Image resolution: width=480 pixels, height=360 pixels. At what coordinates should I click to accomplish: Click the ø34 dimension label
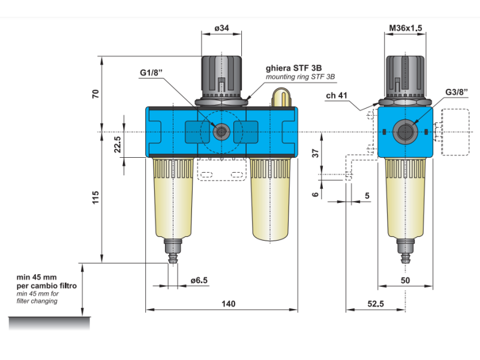pyautogui.click(x=222, y=28)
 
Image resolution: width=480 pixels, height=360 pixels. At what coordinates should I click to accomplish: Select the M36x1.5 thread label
pyautogui.click(x=406, y=28)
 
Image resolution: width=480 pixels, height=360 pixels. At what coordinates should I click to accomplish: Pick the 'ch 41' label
pyautogui.click(x=338, y=95)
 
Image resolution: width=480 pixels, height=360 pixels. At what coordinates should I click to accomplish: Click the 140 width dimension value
pyautogui.click(x=228, y=304)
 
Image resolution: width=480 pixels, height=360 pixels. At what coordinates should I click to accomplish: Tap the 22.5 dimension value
pyautogui.click(x=118, y=145)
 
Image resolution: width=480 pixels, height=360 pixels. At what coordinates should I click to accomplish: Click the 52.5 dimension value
pyautogui.click(x=376, y=304)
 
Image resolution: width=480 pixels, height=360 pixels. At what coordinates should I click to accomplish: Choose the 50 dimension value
pyautogui.click(x=405, y=280)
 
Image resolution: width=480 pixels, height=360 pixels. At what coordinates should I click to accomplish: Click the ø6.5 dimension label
pyautogui.click(x=199, y=280)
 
